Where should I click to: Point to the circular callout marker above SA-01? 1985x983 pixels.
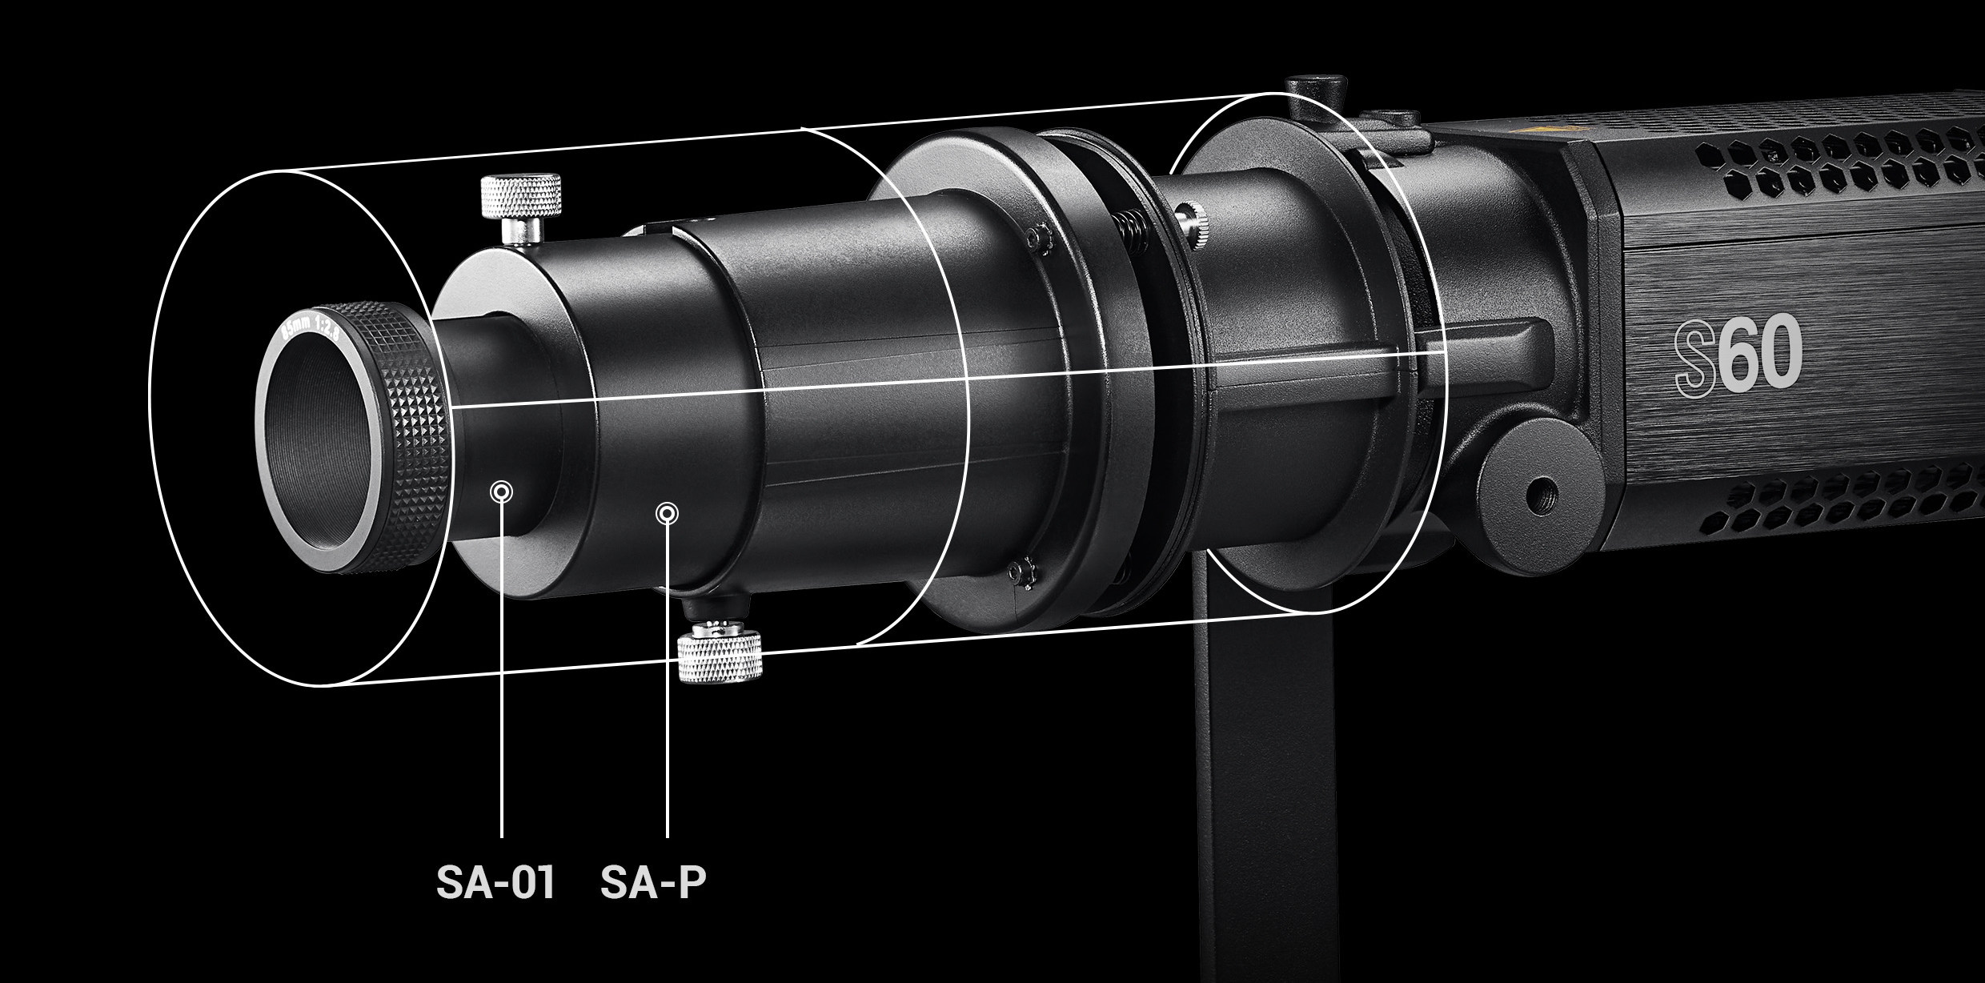pos(502,491)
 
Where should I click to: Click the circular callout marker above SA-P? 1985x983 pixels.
pos(667,513)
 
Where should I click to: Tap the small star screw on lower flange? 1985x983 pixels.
pos(1019,570)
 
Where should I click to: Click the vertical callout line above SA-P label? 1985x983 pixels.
pos(667,680)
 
